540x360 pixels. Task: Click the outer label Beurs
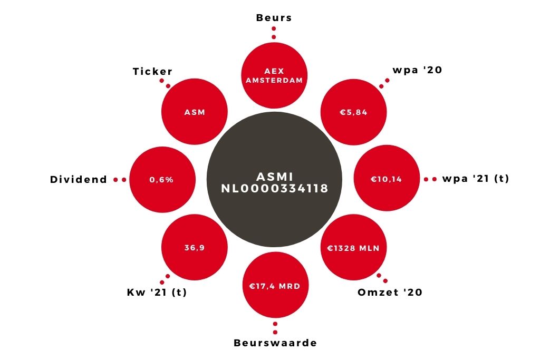click(274, 17)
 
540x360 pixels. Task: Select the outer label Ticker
click(152, 71)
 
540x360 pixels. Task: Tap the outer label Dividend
click(79, 179)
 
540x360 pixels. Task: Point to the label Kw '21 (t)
click(157, 292)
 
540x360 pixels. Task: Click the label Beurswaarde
click(275, 343)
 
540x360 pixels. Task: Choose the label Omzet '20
click(390, 292)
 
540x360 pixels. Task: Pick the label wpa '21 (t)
click(476, 179)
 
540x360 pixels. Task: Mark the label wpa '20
click(418, 70)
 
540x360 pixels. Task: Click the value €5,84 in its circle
click(354, 112)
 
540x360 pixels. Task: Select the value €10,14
click(387, 179)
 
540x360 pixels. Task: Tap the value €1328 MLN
click(353, 248)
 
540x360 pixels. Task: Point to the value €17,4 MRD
click(275, 286)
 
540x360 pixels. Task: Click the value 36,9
click(195, 248)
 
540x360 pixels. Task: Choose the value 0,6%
click(161, 180)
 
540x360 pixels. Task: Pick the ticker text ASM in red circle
click(195, 112)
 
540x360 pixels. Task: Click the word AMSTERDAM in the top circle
click(274, 80)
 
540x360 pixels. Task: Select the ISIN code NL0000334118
click(275, 188)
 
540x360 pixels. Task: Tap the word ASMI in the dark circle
click(275, 177)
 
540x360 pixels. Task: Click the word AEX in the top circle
click(274, 71)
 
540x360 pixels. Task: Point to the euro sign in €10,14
click(374, 179)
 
